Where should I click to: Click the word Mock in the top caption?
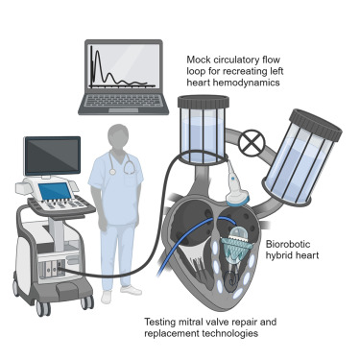(x=199, y=60)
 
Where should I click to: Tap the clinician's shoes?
(x=121, y=289)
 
